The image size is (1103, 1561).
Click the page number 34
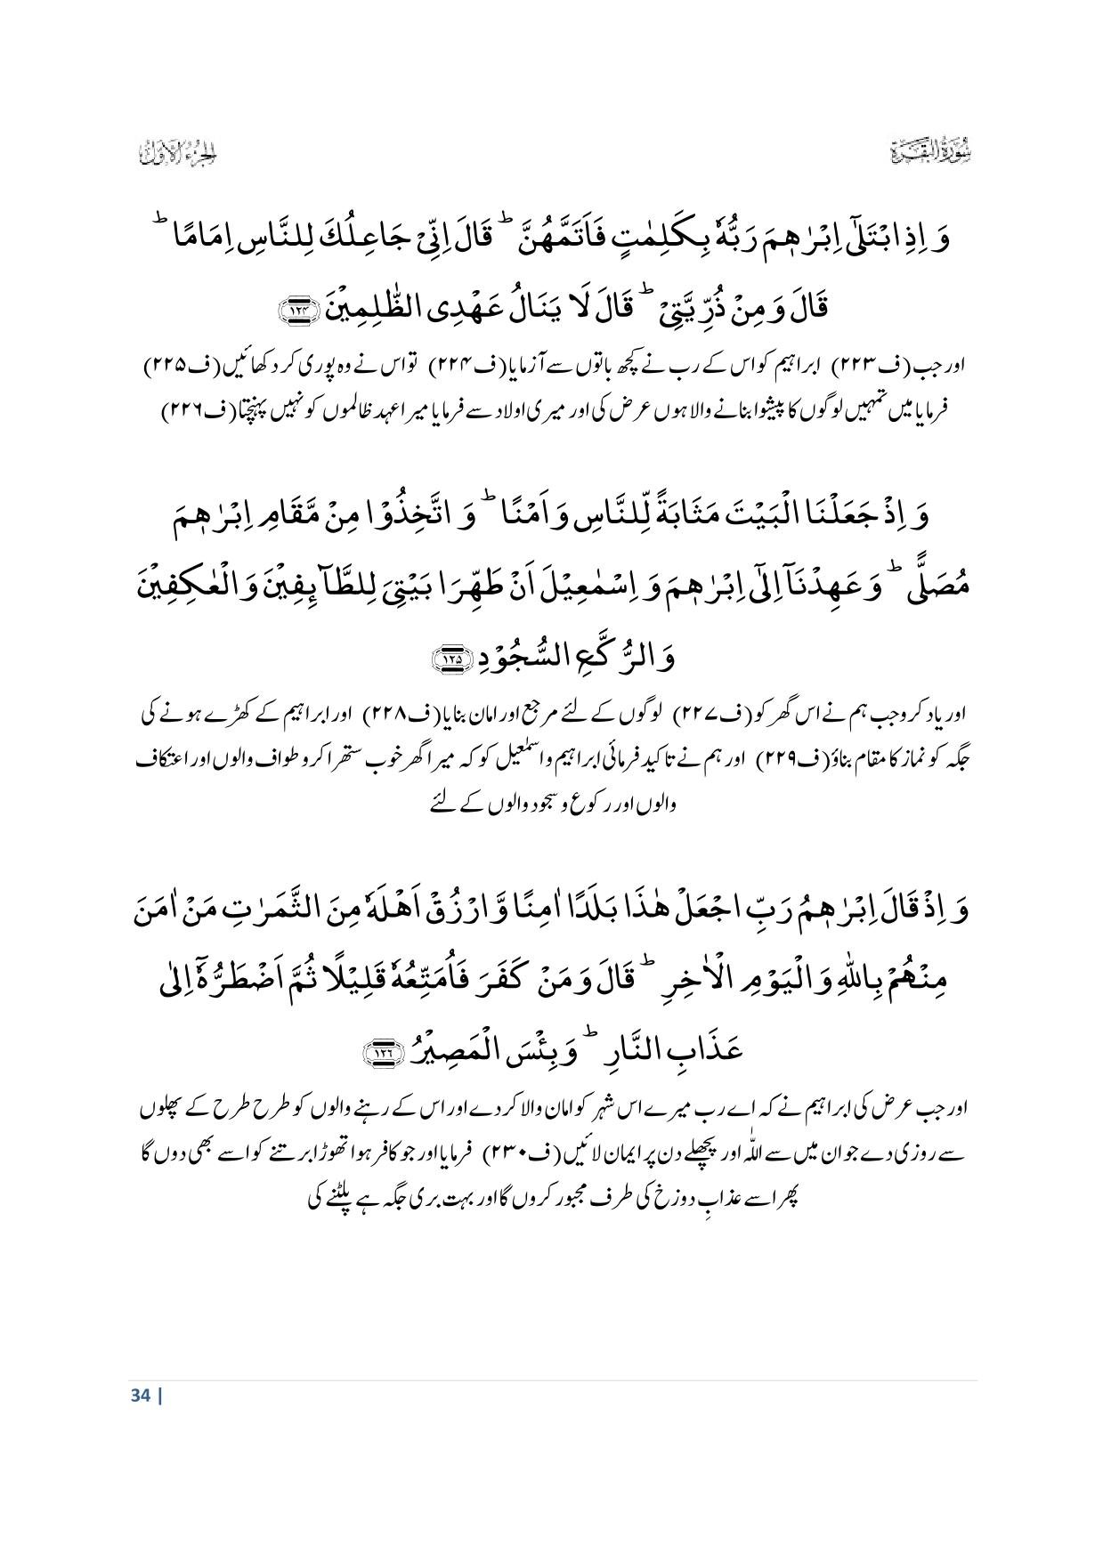point(140,1395)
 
